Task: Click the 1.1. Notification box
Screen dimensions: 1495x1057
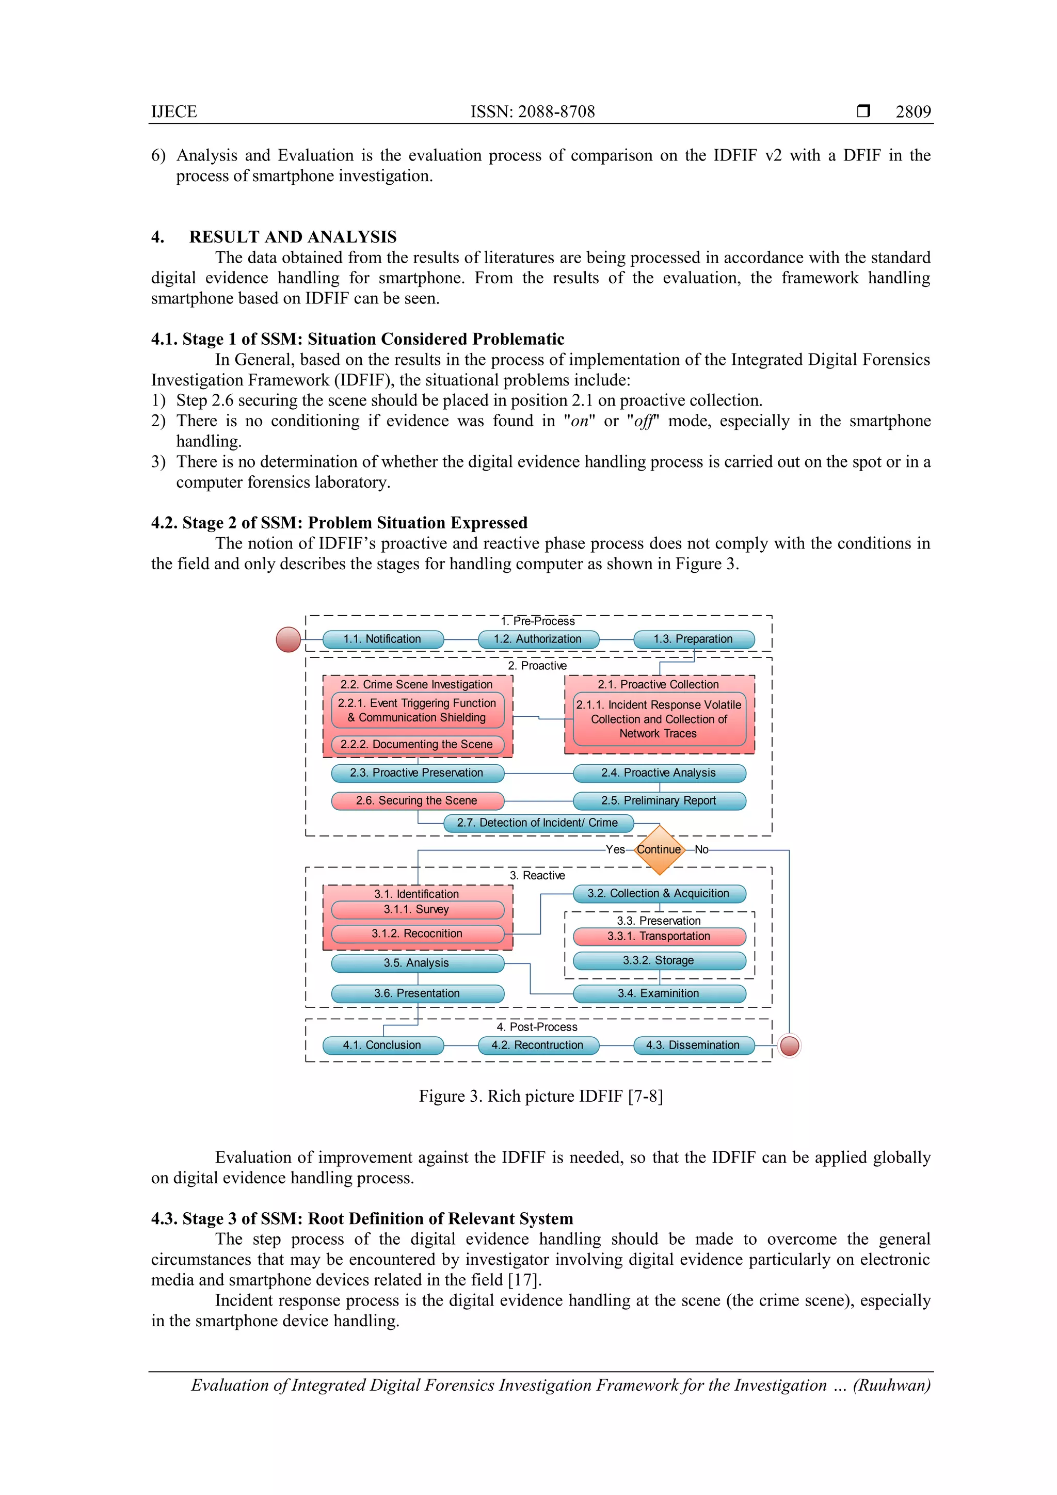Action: click(383, 639)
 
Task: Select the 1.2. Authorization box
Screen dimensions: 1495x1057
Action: click(538, 639)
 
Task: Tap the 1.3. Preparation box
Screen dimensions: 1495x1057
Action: click(694, 639)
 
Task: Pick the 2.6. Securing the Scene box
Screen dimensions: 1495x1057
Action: click(417, 800)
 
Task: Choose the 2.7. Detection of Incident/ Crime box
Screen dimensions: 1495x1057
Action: click(538, 823)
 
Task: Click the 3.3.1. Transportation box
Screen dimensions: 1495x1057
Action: click(659, 936)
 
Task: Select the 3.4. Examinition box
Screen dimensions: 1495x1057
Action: click(659, 993)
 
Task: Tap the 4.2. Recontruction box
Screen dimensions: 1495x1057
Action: click(538, 1045)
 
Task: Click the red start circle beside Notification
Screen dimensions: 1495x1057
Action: click(289, 639)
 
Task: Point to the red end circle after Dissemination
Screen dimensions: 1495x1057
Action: click(789, 1046)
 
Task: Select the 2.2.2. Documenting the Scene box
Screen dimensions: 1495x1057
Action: click(417, 744)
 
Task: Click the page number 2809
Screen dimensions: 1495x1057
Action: click(913, 112)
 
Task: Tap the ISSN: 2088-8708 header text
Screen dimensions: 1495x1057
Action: click(533, 112)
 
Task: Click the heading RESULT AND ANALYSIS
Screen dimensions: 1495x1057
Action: click(293, 237)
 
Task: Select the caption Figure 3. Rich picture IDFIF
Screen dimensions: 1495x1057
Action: click(540, 1097)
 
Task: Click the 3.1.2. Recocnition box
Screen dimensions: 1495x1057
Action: click(417, 933)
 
